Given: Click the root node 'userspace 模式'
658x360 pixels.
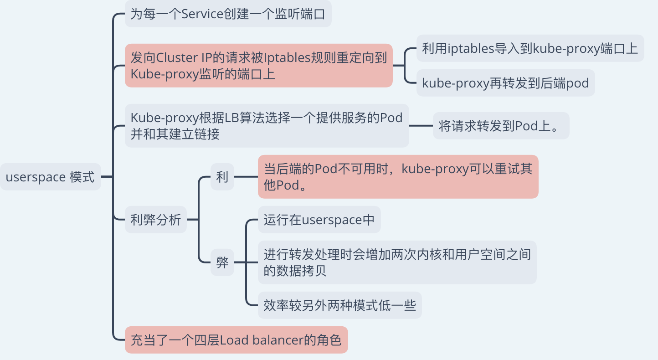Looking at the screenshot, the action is [51, 177].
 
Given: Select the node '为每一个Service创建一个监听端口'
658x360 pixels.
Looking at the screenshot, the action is [228, 14].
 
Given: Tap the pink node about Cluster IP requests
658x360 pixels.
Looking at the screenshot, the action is [259, 66].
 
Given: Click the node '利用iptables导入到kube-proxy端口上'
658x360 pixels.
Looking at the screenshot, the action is [530, 48].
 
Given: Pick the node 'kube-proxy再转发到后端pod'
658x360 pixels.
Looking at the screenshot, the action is [505, 83].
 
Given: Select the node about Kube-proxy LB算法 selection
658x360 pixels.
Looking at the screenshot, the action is [267, 125].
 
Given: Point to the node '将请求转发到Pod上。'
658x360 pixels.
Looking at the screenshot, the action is [501, 126].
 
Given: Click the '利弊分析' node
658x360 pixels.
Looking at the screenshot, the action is [156, 220].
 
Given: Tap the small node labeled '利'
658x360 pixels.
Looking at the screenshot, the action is [222, 177].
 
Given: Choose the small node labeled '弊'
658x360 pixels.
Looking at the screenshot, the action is [222, 262].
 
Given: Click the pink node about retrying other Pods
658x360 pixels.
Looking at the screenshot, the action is [398, 177].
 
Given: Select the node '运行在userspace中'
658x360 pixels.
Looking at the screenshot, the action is [319, 220].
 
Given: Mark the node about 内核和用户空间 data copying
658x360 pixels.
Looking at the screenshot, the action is [397, 262].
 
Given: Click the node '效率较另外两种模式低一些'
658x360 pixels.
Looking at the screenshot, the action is [340, 305].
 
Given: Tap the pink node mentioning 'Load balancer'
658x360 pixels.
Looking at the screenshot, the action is [236, 340].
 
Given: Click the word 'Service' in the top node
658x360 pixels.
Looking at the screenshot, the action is [202, 14].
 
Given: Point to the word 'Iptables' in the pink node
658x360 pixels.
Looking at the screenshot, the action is [287, 57].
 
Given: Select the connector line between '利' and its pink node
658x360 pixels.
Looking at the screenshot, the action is [246, 177].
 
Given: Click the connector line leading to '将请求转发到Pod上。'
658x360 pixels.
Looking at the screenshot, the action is [421, 126].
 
